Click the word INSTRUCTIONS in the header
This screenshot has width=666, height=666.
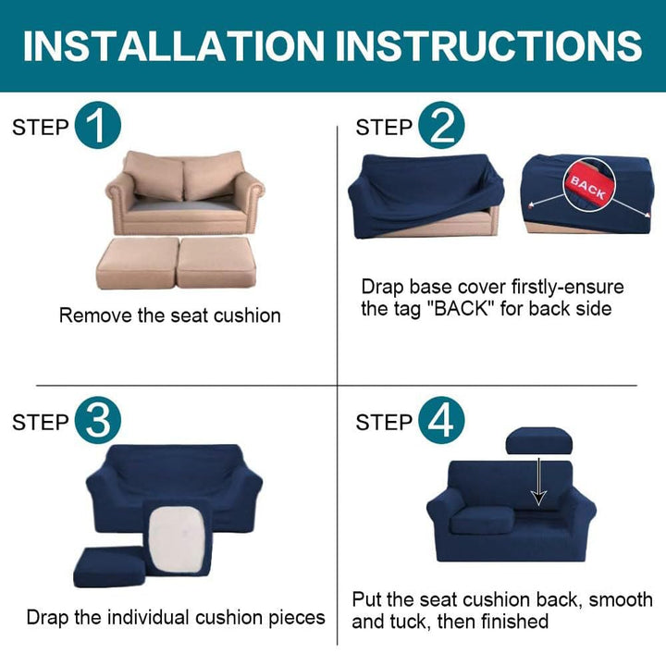click(489, 46)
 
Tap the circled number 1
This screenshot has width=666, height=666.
click(98, 125)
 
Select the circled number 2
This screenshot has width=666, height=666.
click(441, 125)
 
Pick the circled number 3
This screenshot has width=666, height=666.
click(98, 421)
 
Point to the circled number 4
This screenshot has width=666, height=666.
click(441, 421)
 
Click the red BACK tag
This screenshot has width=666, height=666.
click(588, 187)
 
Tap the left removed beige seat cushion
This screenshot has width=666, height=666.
click(138, 264)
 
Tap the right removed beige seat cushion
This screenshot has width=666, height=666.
click(216, 263)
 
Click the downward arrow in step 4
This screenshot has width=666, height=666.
click(539, 482)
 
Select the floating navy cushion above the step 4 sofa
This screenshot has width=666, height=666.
click(539, 442)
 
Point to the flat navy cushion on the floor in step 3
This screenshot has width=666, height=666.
click(109, 567)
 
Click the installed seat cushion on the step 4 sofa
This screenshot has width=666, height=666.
click(482, 520)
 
